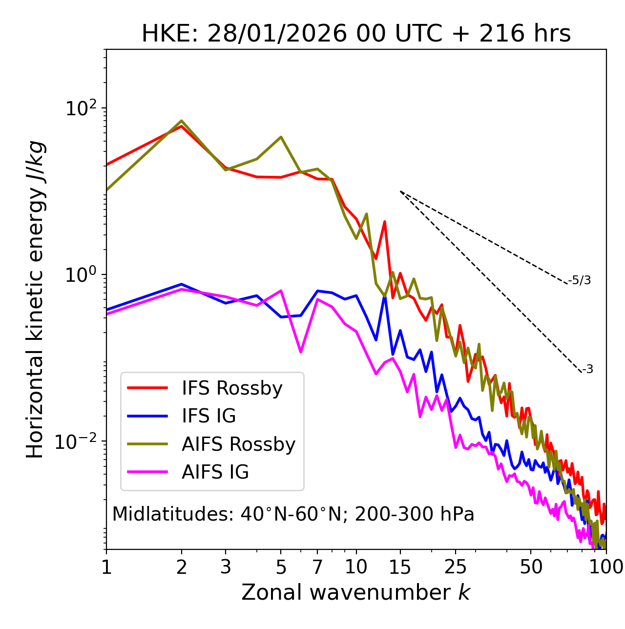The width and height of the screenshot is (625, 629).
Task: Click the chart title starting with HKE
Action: tap(356, 34)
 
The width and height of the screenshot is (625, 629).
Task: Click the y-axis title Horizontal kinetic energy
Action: tap(35, 299)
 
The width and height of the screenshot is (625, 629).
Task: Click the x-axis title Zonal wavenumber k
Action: tap(355, 592)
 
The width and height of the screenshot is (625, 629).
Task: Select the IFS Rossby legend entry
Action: tap(232, 388)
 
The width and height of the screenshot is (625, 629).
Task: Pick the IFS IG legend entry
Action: tap(208, 416)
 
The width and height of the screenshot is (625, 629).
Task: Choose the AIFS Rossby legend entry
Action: tap(238, 444)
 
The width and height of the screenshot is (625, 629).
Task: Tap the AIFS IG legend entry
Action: tap(215, 472)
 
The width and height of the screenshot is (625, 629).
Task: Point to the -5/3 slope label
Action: tap(580, 280)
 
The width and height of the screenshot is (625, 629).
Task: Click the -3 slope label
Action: tap(587, 369)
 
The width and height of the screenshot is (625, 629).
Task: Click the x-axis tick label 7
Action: tap(317, 567)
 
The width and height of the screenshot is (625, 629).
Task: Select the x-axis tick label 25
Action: tap(456, 567)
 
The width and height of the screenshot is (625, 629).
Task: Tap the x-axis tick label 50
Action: tap(531, 567)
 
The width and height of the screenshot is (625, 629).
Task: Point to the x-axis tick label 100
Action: tap(605, 567)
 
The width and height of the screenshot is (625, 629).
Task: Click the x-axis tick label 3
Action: tap(226, 567)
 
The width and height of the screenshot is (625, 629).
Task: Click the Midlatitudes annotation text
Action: tap(293, 514)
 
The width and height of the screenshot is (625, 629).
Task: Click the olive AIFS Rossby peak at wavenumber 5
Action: tap(281, 137)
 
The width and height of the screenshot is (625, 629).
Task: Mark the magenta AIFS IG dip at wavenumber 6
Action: tap(301, 352)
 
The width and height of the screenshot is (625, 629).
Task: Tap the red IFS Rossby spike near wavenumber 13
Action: tap(385, 222)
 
